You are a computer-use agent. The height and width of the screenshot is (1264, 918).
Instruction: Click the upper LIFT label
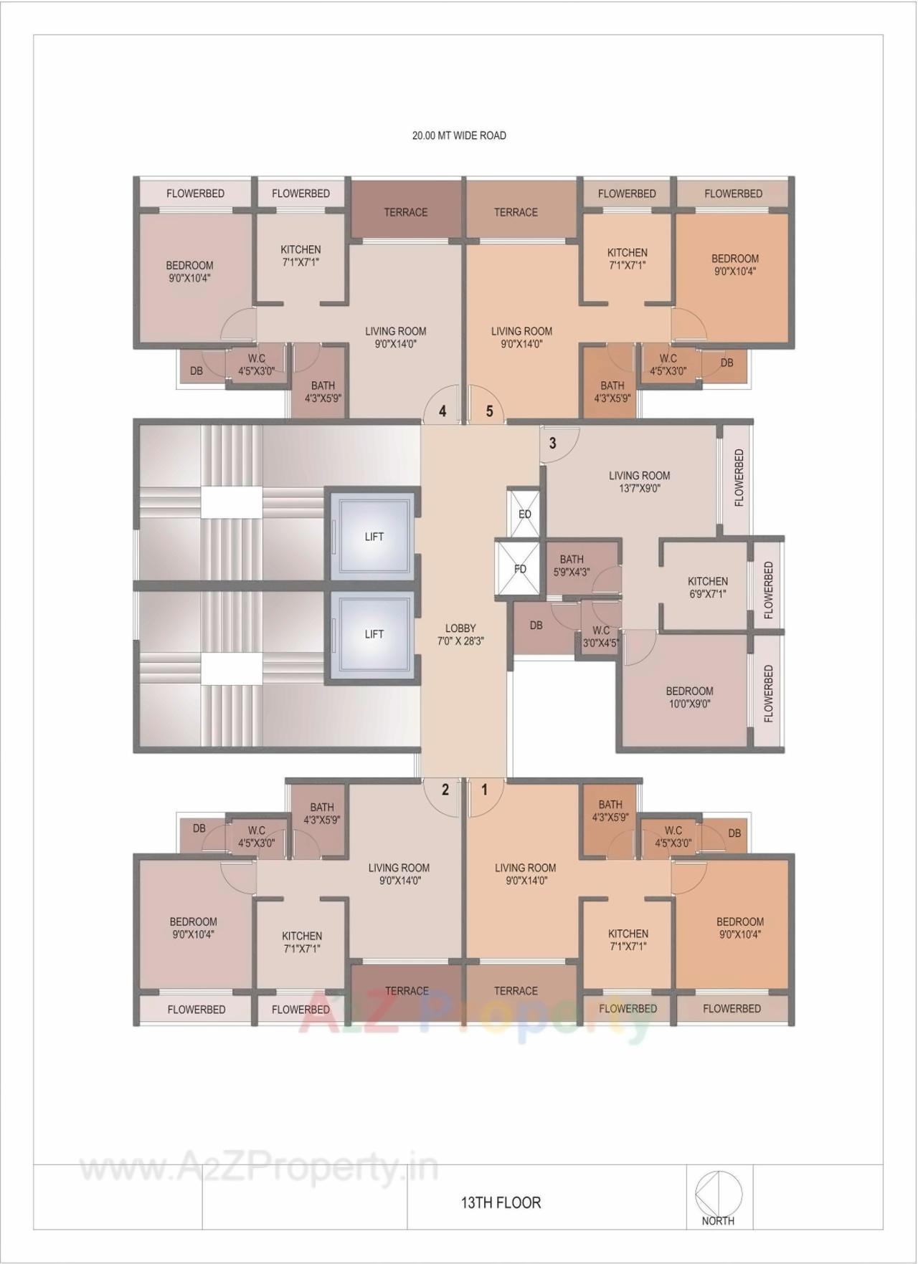[374, 537]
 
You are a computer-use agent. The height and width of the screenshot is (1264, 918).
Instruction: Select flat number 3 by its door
[552, 443]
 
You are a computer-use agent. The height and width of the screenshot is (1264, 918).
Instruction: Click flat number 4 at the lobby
[443, 411]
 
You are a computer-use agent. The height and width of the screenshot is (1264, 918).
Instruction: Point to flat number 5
[490, 411]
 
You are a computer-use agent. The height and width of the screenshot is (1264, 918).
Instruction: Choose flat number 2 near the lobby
[445, 790]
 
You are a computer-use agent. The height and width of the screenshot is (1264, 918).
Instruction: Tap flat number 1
[485, 790]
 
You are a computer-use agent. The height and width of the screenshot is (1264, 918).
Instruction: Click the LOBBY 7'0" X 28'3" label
[460, 635]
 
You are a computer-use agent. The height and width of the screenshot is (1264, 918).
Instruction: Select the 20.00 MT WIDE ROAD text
[459, 135]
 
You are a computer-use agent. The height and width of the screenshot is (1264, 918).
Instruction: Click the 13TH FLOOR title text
[501, 1202]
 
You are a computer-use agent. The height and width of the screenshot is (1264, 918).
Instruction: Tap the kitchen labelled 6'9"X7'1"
[707, 587]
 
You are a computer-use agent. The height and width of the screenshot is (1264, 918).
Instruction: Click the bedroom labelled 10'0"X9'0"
[689, 697]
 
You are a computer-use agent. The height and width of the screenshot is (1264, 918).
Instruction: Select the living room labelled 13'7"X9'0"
[639, 482]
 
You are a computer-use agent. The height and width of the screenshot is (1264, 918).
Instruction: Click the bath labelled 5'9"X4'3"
[572, 565]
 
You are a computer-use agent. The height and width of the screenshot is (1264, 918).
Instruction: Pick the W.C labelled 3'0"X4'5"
[600, 636]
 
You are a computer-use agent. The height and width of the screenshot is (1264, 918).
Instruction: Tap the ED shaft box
[524, 514]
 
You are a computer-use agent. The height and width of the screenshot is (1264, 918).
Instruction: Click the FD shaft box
[520, 569]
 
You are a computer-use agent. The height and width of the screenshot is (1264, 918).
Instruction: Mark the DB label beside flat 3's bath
[536, 626]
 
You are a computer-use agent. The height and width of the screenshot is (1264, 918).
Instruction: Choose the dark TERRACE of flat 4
[405, 212]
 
